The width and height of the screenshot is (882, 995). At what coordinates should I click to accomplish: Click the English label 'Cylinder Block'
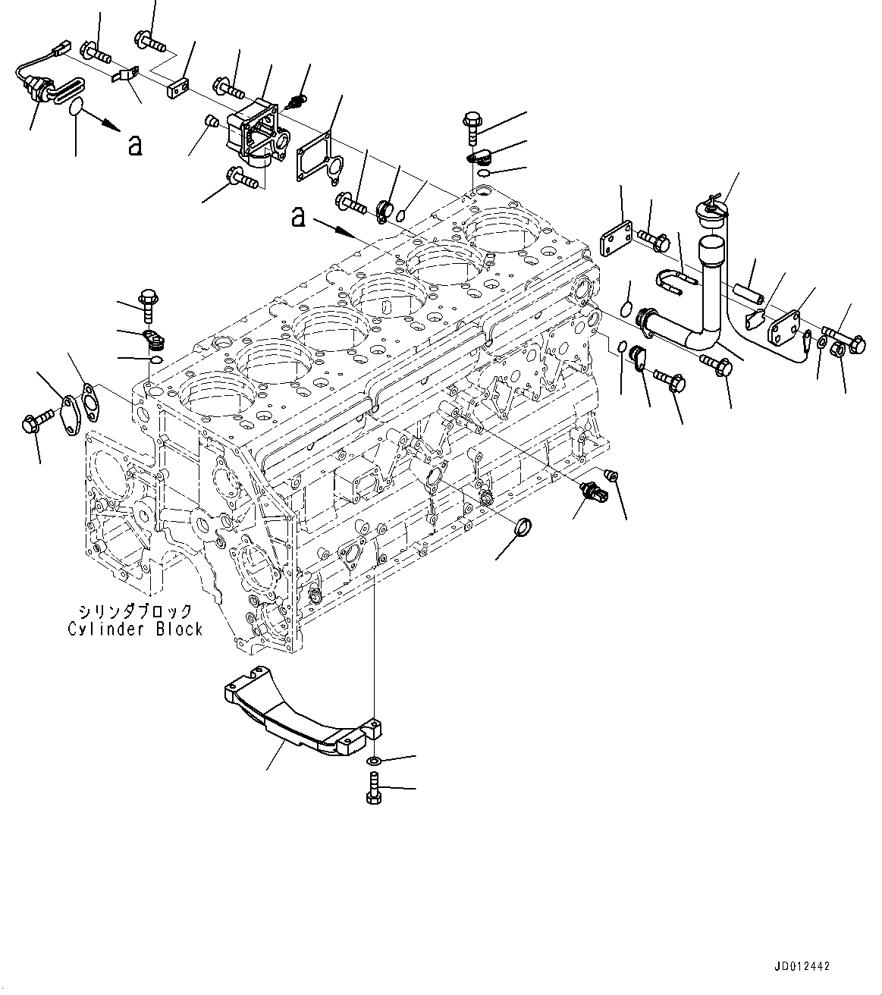pos(135,629)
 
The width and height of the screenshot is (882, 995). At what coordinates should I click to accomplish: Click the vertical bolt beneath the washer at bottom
pos(375,786)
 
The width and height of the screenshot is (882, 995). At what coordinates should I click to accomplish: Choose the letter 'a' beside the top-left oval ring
pos(134,144)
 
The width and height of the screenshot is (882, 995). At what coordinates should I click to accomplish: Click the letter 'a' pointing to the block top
pos(300,218)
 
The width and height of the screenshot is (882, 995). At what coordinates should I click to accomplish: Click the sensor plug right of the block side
pos(592,490)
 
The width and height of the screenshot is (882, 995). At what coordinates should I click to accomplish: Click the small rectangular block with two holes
pos(179,88)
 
